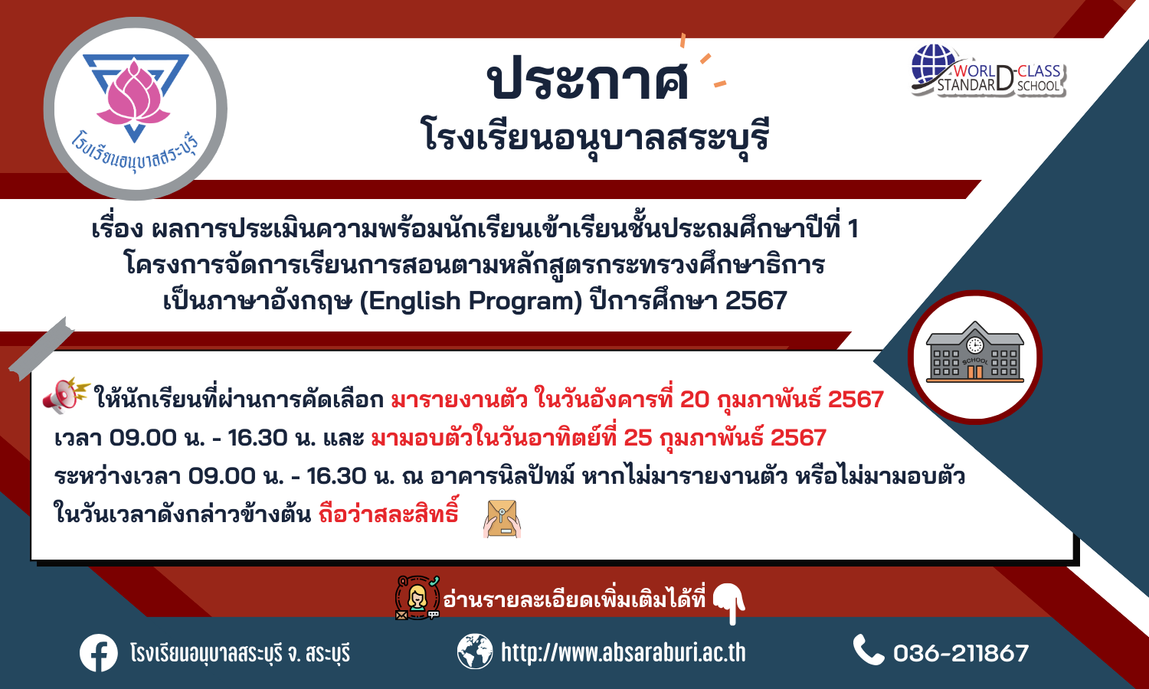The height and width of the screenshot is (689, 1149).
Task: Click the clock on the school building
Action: (974, 345)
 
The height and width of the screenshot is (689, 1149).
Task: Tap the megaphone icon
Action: (66, 395)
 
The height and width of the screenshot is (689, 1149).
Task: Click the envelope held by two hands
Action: (502, 519)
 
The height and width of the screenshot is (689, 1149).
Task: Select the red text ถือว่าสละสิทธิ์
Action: (388, 513)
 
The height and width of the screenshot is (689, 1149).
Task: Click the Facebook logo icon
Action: (99, 653)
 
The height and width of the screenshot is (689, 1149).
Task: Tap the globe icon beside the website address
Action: (474, 651)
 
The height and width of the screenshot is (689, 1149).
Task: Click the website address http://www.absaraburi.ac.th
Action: (624, 652)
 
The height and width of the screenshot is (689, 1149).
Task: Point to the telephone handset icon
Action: (869, 649)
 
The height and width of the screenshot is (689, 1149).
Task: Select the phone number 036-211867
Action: (961, 653)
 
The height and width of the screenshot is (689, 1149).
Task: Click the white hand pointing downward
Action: (730, 603)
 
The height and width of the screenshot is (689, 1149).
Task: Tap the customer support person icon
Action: (417, 598)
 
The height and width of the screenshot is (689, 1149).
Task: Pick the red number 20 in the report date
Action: (695, 400)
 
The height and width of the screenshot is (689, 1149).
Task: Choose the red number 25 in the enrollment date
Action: (638, 438)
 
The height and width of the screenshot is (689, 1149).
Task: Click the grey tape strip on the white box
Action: (42, 349)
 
